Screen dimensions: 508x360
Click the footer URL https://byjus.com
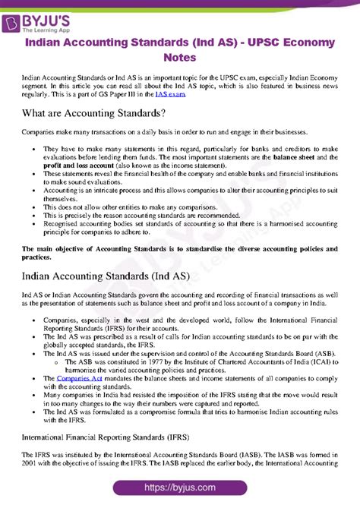point(180,487)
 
